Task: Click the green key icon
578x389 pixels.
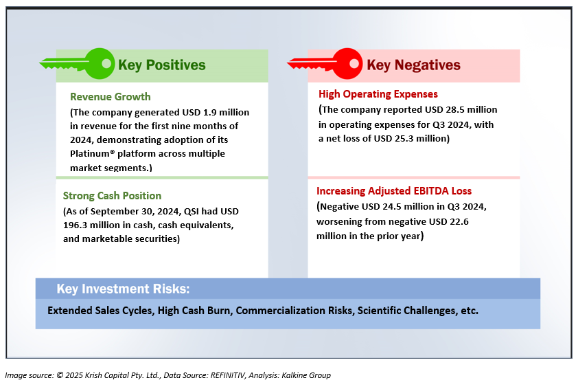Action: click(78, 63)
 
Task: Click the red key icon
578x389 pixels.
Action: click(325, 63)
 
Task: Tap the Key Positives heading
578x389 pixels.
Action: click(162, 65)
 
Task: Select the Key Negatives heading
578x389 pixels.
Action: click(413, 65)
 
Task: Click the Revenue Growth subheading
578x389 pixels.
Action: click(111, 97)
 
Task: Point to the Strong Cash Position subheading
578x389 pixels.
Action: click(112, 196)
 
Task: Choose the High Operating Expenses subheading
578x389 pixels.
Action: click(378, 94)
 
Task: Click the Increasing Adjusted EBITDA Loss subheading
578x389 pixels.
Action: click(394, 191)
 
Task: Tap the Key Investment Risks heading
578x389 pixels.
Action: click(123, 289)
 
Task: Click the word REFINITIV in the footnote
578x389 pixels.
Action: click(227, 375)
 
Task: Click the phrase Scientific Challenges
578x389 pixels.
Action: click(407, 311)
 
